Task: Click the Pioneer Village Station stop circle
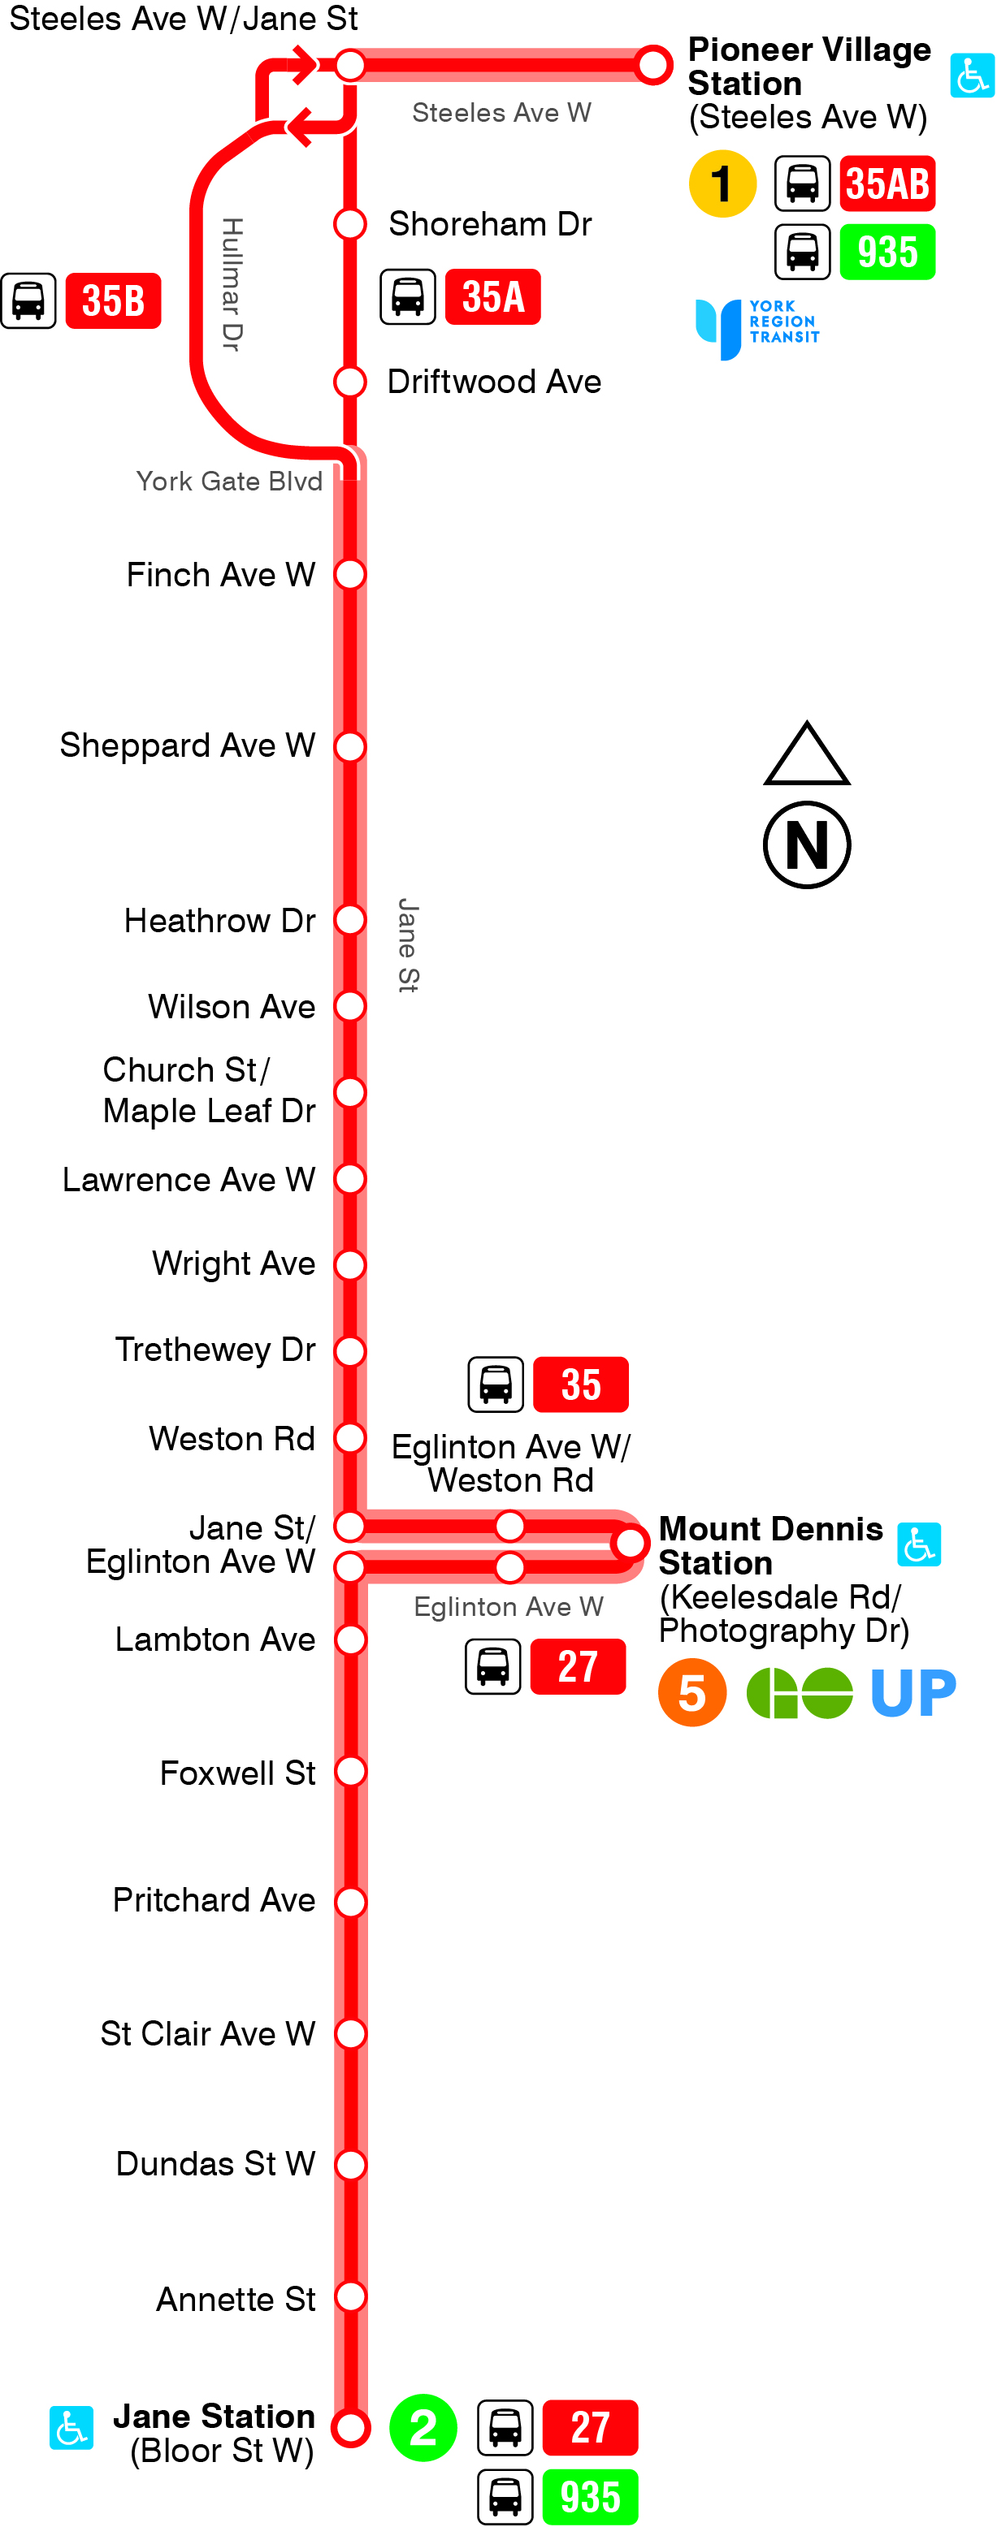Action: pyautogui.click(x=652, y=65)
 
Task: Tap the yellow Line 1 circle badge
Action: pyautogui.click(x=722, y=184)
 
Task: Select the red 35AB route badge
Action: pyautogui.click(x=887, y=184)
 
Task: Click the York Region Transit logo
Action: pyautogui.click(x=756, y=327)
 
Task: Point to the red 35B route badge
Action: pyautogui.click(x=113, y=300)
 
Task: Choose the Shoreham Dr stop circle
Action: pyautogui.click(x=350, y=223)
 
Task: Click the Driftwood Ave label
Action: pyautogui.click(x=493, y=382)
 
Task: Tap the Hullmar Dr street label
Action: pyautogui.click(x=232, y=284)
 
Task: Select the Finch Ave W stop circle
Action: pyautogui.click(x=350, y=574)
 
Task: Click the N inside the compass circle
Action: pyautogui.click(x=807, y=844)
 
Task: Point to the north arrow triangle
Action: pyautogui.click(x=807, y=756)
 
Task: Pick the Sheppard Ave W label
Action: pyautogui.click(x=188, y=745)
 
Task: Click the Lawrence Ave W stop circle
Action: pyautogui.click(x=350, y=1178)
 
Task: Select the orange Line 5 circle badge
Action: pyautogui.click(x=691, y=1692)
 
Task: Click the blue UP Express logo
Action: pyautogui.click(x=912, y=1692)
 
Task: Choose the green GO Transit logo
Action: pyautogui.click(x=799, y=1693)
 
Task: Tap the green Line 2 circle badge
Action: pyautogui.click(x=423, y=2428)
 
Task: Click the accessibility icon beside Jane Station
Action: pyautogui.click(x=72, y=2428)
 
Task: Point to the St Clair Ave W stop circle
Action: pyautogui.click(x=350, y=2033)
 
